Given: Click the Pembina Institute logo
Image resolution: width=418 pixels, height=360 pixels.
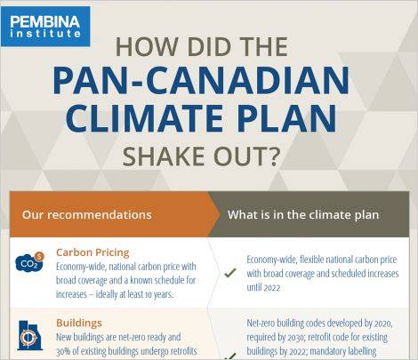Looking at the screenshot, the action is (x=45, y=27).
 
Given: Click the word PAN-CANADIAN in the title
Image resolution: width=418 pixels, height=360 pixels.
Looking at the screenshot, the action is (x=201, y=81).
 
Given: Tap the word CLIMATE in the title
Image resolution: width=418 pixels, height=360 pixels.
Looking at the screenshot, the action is (x=144, y=117).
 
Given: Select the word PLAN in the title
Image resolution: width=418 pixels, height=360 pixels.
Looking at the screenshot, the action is (x=287, y=117).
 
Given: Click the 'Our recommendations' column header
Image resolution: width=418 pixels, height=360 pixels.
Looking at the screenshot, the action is (x=87, y=214).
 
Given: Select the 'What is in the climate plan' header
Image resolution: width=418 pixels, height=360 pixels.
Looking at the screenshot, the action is (x=303, y=214).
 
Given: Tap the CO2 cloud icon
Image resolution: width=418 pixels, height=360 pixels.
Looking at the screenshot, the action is (x=29, y=262).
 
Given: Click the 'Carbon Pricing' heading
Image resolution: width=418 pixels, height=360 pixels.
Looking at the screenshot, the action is (x=92, y=252).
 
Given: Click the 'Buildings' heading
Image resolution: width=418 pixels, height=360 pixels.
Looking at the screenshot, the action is (x=79, y=323).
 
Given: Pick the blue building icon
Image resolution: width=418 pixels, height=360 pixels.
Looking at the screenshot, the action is (x=30, y=335).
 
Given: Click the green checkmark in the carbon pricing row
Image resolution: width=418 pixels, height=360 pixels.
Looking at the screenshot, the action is (x=230, y=273).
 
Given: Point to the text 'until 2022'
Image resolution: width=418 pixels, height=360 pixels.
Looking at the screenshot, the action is (x=263, y=287).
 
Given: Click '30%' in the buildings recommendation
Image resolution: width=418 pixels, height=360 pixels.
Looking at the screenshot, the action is (x=63, y=351).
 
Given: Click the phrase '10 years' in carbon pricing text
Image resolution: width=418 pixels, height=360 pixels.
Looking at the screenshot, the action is (x=158, y=294).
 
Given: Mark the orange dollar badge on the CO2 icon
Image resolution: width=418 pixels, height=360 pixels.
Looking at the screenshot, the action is (x=39, y=256).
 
